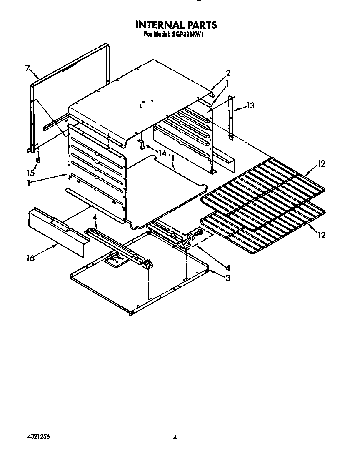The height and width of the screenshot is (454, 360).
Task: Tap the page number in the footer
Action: (175, 437)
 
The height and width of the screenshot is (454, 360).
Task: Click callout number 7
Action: (27, 69)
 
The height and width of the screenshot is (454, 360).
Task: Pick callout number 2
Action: (228, 73)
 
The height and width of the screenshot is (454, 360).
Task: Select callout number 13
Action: (250, 105)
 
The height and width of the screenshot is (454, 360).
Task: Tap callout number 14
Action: (162, 153)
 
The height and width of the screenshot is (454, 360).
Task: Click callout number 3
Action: (227, 278)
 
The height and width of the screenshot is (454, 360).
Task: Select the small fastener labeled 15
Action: (38, 160)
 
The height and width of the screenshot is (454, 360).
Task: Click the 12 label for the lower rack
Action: (321, 236)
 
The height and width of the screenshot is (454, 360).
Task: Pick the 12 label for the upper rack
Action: (321, 164)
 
